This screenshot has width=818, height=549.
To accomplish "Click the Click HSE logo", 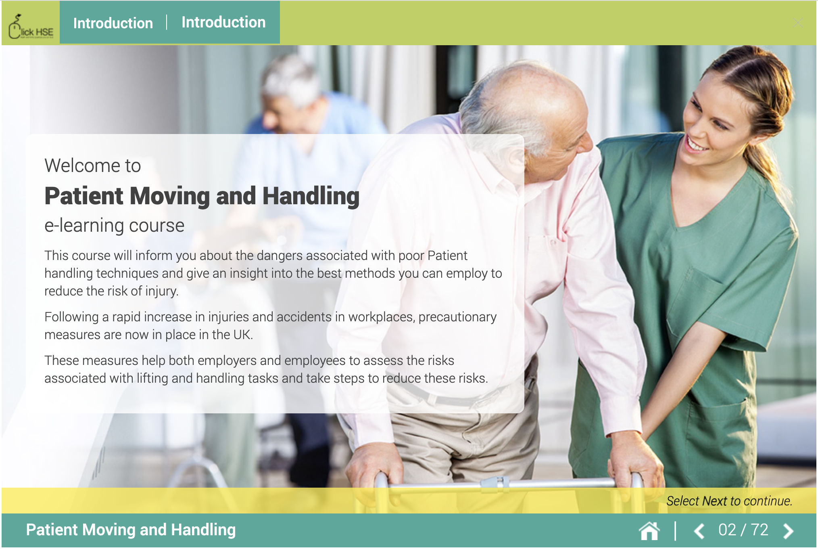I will point(31,27).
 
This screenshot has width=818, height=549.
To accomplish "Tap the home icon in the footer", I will point(649,530).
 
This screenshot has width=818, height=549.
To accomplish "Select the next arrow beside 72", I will point(788,530).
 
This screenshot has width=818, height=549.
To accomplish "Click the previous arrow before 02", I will point(699,530).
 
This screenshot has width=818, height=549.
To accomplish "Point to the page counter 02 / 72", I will point(743,530).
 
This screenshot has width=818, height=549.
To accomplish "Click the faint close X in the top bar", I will point(797,23).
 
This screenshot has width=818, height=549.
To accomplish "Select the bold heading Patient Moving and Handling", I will point(202,196).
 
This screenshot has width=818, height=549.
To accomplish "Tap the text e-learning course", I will point(114,225).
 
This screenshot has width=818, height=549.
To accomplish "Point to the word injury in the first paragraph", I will point(161,291).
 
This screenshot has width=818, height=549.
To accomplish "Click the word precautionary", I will point(457,317).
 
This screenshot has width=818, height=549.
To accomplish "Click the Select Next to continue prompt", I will point(729,501).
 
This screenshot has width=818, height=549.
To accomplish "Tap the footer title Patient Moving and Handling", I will point(131,530).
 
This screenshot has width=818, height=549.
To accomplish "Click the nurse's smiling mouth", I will point(696,146).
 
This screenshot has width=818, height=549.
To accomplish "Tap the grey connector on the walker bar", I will point(495,482).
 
